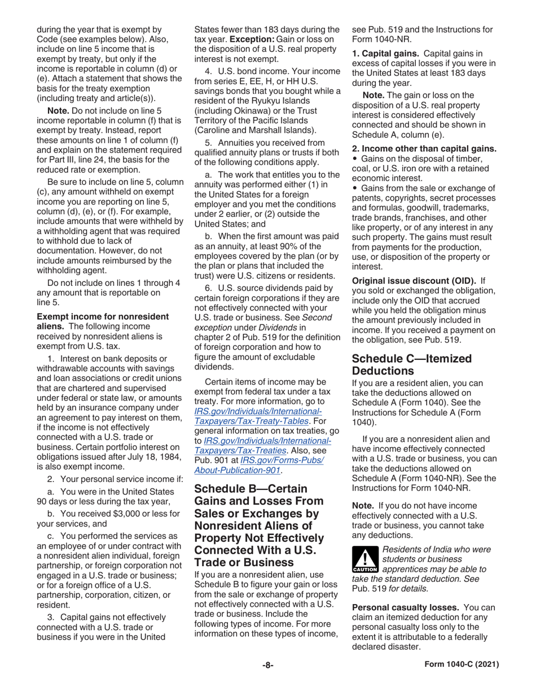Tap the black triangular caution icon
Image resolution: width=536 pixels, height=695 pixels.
tap(363, 558)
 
